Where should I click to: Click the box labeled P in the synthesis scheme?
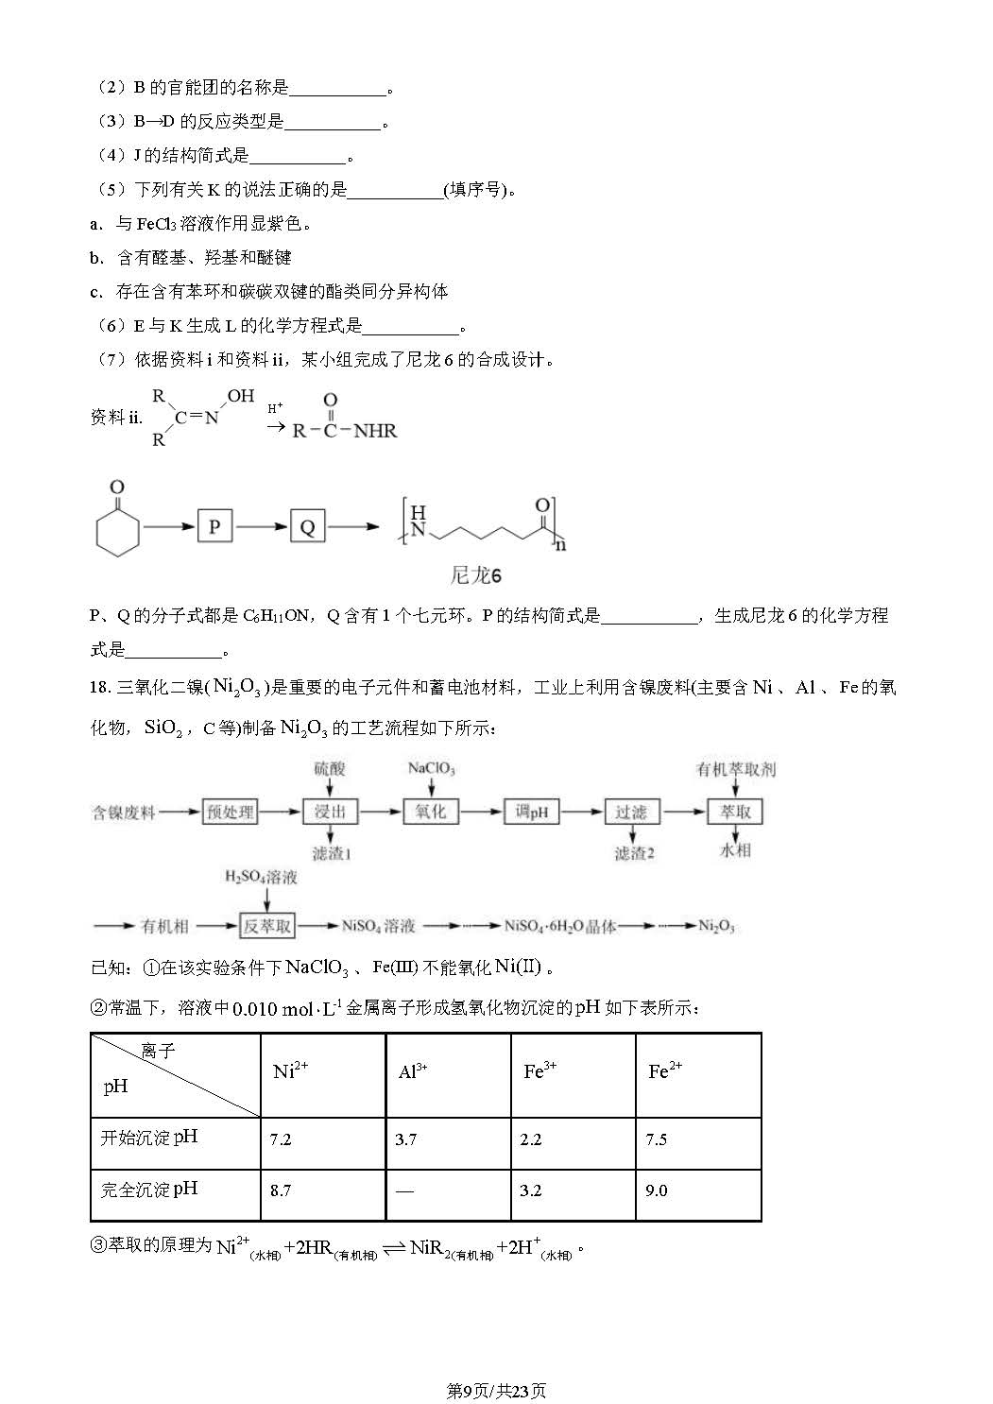tap(214, 525)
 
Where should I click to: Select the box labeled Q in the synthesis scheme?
tap(307, 526)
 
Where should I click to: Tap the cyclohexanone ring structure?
tap(118, 529)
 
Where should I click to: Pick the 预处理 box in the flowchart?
tap(231, 812)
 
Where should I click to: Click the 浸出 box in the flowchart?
tap(330, 812)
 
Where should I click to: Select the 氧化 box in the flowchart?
tap(431, 812)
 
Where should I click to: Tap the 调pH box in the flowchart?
tap(532, 812)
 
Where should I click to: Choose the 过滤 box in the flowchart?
tap(631, 812)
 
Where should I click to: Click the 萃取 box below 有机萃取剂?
tap(735, 812)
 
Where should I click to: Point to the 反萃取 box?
tap(267, 926)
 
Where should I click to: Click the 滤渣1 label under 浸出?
tap(331, 853)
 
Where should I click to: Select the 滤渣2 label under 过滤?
tap(634, 853)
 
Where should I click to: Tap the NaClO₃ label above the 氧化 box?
tap(431, 769)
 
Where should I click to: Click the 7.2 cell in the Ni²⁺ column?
tap(281, 1139)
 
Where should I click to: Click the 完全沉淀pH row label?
tap(149, 1190)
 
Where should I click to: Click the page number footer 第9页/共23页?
tap(496, 1391)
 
